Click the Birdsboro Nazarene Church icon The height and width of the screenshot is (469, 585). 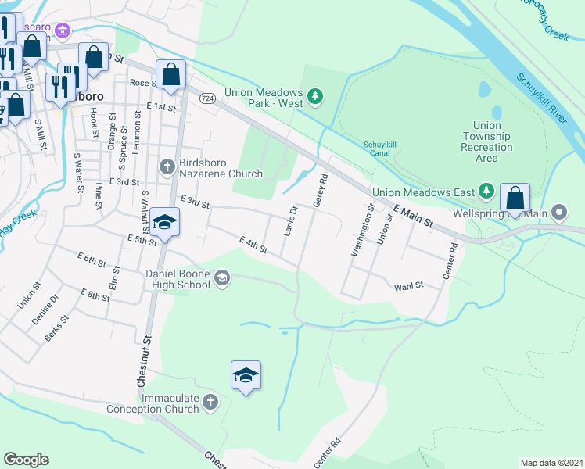[166, 166]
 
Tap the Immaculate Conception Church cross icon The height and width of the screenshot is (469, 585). [209, 403]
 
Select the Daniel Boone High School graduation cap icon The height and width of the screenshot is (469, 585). [221, 278]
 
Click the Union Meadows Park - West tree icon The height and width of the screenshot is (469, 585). [315, 96]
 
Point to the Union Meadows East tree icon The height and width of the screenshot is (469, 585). [487, 191]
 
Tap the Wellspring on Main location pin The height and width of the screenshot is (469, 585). [559, 213]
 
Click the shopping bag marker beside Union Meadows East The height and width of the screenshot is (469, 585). [515, 198]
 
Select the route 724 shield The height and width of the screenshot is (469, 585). [207, 98]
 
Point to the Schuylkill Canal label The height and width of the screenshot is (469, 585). [382, 149]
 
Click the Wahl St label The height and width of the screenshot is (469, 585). [408, 286]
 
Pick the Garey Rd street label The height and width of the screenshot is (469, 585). [319, 192]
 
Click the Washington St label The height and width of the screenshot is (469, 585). [361, 230]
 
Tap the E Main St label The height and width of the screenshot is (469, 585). [414, 217]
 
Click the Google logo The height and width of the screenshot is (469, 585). [26, 460]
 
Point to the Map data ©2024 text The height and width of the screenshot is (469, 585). [551, 463]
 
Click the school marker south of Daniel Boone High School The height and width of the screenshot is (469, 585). [246, 376]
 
